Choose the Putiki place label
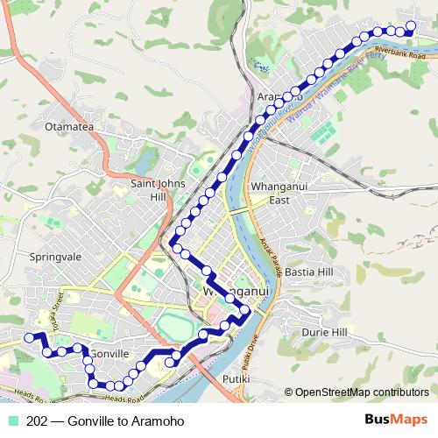click(237, 379)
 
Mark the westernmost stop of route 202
click(29, 337)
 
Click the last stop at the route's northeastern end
click(412, 25)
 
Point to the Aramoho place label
click(279, 96)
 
